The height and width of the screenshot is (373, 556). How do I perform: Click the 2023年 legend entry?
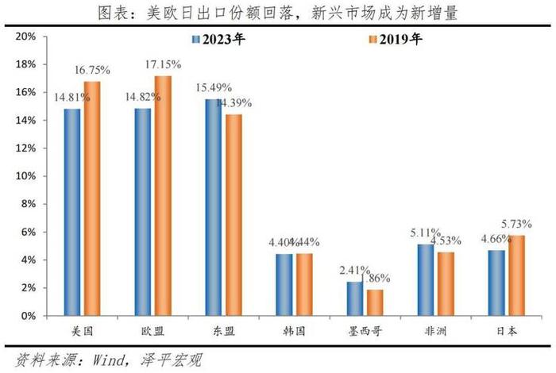pos(218,40)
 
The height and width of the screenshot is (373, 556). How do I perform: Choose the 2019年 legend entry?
pos(395,40)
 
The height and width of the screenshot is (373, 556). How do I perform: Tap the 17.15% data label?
pos(163,64)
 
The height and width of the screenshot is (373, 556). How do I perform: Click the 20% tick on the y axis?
pos(27,37)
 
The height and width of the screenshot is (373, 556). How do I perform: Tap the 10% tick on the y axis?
pos(27,176)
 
